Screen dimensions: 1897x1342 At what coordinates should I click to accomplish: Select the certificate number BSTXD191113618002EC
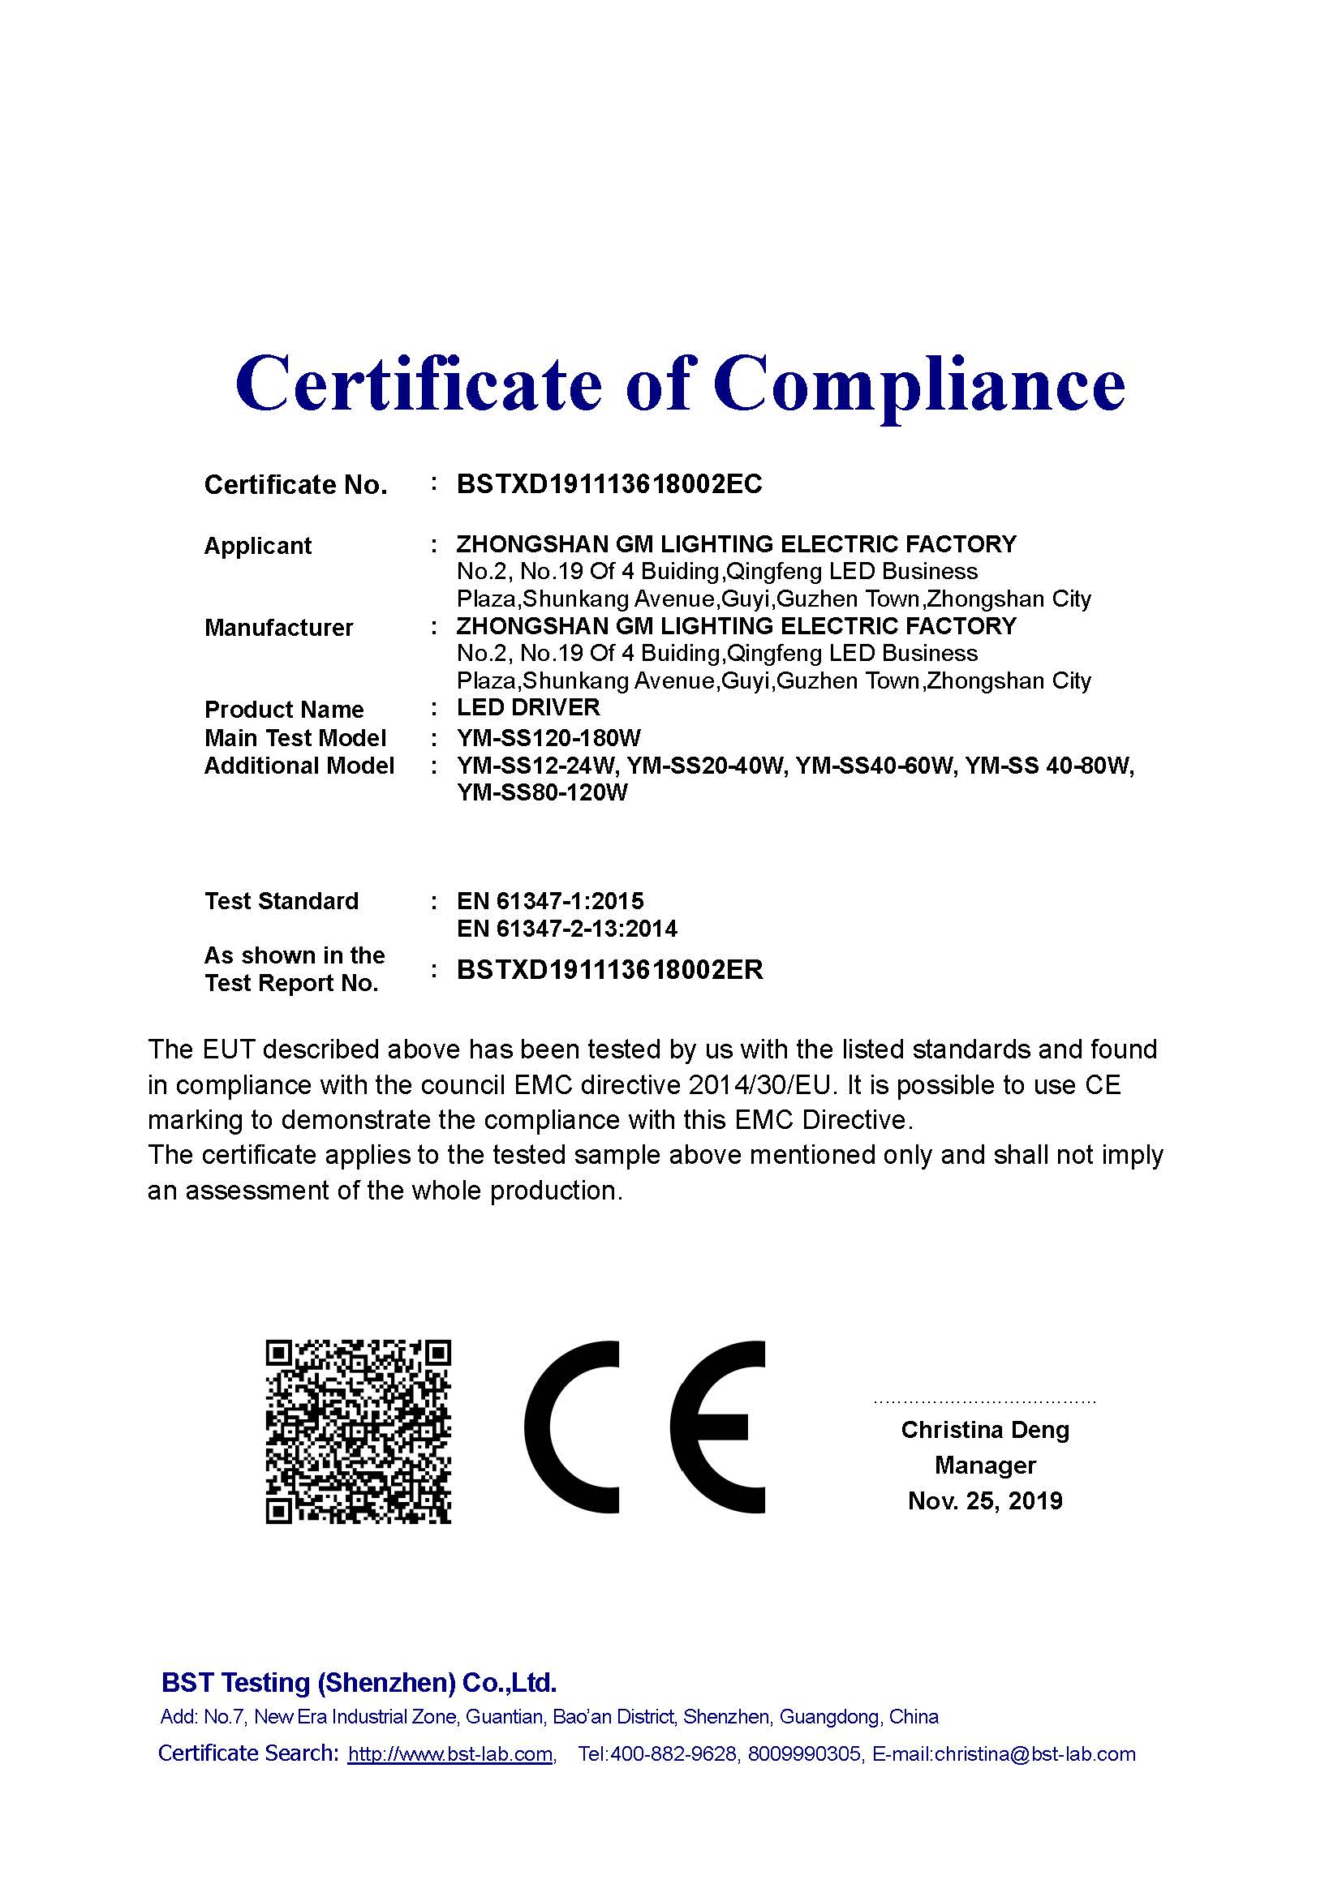[609, 484]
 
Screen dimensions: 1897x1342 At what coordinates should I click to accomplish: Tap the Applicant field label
[257, 546]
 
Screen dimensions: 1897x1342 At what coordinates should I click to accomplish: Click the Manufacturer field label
[278, 628]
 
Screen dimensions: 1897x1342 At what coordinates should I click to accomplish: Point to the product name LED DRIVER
[528, 708]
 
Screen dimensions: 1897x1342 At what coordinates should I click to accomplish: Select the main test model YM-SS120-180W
[548, 738]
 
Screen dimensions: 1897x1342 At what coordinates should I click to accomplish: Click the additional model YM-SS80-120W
[542, 793]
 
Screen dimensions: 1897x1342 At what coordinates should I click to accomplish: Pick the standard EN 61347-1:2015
[549, 900]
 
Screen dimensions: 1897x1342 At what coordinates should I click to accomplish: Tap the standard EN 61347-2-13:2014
[567, 929]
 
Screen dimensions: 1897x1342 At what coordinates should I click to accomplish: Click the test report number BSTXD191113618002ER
[610, 969]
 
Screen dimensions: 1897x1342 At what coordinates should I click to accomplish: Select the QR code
[358, 1431]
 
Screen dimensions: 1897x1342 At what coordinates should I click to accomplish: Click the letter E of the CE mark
[717, 1427]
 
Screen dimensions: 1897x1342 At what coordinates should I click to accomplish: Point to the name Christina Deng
[985, 1430]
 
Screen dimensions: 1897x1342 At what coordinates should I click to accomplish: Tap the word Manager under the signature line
[985, 1466]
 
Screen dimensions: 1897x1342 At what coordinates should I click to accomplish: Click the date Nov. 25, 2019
[985, 1501]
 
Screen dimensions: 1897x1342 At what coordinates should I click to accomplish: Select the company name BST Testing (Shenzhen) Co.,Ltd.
[359, 1682]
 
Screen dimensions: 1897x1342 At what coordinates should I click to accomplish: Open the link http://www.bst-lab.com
[450, 1754]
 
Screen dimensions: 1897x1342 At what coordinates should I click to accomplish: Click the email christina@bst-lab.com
[1034, 1754]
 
